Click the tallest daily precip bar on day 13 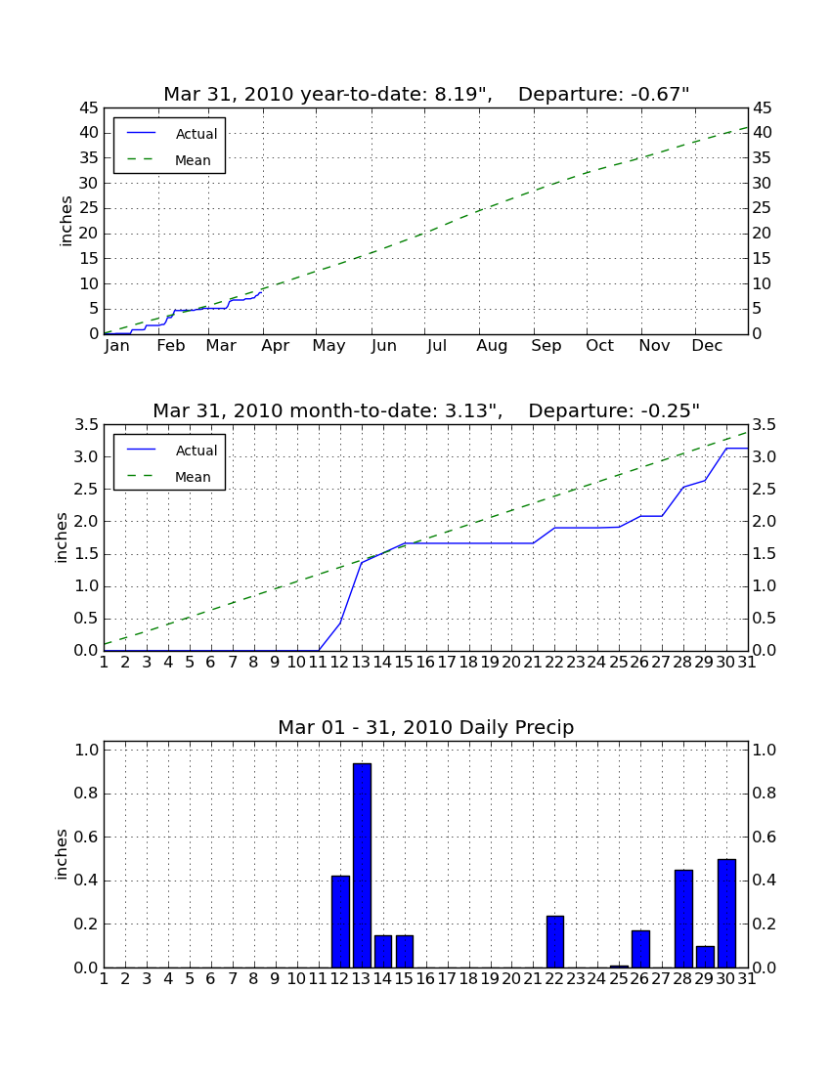pos(362,865)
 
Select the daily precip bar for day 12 pos(341,923)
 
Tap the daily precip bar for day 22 pos(555,942)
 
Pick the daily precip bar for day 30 pos(726,913)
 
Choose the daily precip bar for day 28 pos(683,919)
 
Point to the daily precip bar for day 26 pos(640,950)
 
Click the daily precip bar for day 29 pos(705,957)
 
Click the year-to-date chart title pos(426,94)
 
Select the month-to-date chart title pos(426,410)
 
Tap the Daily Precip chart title pos(426,727)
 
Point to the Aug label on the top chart pos(492,346)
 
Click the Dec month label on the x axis pos(707,346)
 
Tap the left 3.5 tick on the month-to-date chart pos(86,425)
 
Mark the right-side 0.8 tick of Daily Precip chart pos(764,794)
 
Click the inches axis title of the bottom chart pos(61,854)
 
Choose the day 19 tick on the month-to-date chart pos(490,663)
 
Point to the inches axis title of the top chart pos(66,221)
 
